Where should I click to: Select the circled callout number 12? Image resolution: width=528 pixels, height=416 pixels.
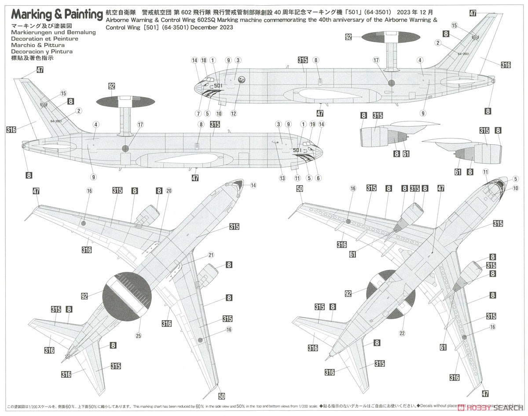233,113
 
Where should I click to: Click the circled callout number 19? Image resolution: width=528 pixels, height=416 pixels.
312,125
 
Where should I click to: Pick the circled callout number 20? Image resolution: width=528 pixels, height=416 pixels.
169,190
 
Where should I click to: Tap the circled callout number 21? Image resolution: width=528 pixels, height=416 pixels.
211,255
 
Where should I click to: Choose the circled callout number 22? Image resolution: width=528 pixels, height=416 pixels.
402,333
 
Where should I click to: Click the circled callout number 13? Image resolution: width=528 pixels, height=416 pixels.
282,178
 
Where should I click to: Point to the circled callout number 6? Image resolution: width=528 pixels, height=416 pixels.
319,178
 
